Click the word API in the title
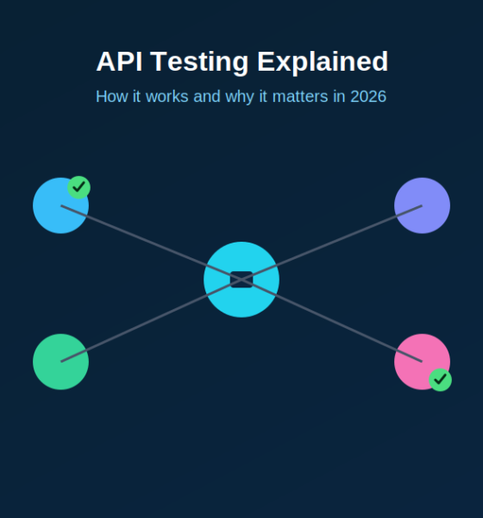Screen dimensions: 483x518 coord(119,61)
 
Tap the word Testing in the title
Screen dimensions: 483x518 coord(199,63)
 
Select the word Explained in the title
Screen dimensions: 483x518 coord(323,63)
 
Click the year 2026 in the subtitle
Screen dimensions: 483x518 coord(368,97)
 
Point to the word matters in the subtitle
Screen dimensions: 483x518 coord(300,97)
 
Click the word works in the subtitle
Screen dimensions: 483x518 coord(166,97)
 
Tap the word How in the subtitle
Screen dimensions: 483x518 coord(111,97)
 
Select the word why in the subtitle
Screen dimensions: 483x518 coord(240,98)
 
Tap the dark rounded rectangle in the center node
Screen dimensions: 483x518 coord(241,280)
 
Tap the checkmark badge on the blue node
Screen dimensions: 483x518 coord(78,187)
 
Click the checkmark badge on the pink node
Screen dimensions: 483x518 coord(440,380)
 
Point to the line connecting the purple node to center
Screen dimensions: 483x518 coord(332,243)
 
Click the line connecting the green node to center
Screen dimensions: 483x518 coord(151,320)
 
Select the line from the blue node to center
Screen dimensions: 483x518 coord(151,243)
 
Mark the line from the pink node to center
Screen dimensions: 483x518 coord(332,320)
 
